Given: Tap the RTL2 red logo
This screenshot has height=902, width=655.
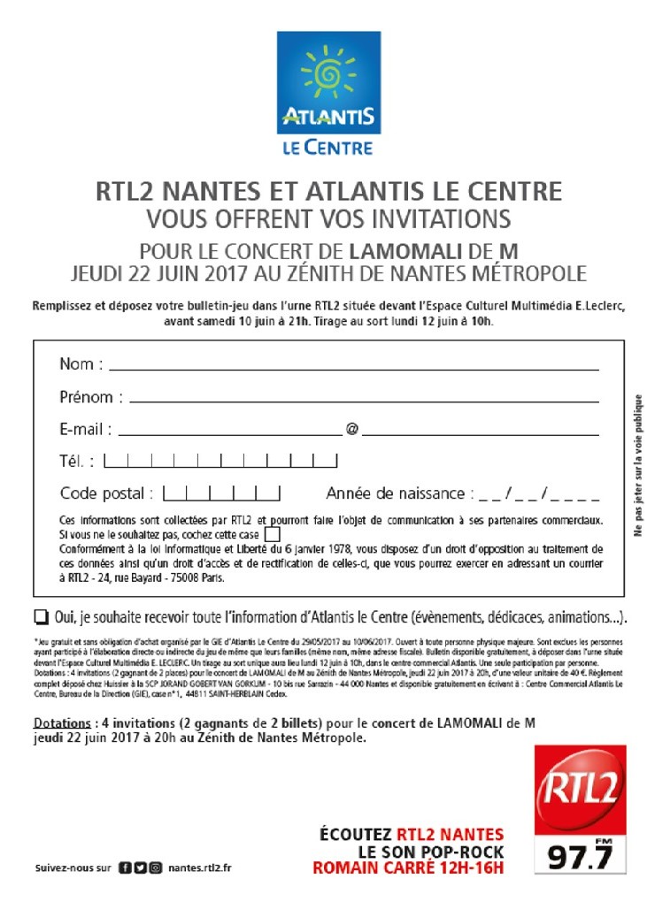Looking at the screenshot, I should pyautogui.click(x=579, y=790).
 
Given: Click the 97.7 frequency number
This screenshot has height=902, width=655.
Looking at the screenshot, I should pyautogui.click(x=580, y=856).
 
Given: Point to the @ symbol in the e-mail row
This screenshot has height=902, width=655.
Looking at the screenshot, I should pyautogui.click(x=352, y=430).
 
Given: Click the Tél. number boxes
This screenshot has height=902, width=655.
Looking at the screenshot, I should pyautogui.click(x=220, y=461).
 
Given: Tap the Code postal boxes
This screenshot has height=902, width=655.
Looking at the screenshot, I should pyautogui.click(x=221, y=493).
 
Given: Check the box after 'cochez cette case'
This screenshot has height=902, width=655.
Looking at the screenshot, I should pyautogui.click(x=273, y=535).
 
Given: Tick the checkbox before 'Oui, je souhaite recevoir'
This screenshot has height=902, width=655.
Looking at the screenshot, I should pyautogui.click(x=42, y=616).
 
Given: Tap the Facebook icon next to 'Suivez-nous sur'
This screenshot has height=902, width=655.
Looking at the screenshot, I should pyautogui.click(x=125, y=868).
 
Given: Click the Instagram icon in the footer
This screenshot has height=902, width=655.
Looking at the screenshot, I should pyautogui.click(x=155, y=868).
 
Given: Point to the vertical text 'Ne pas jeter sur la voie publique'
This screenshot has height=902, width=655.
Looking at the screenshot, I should pyautogui.click(x=637, y=464).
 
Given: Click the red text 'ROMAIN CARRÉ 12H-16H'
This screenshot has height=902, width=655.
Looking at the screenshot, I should pyautogui.click(x=408, y=868).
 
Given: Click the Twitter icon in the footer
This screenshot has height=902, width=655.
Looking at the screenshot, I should pyautogui.click(x=140, y=868).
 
